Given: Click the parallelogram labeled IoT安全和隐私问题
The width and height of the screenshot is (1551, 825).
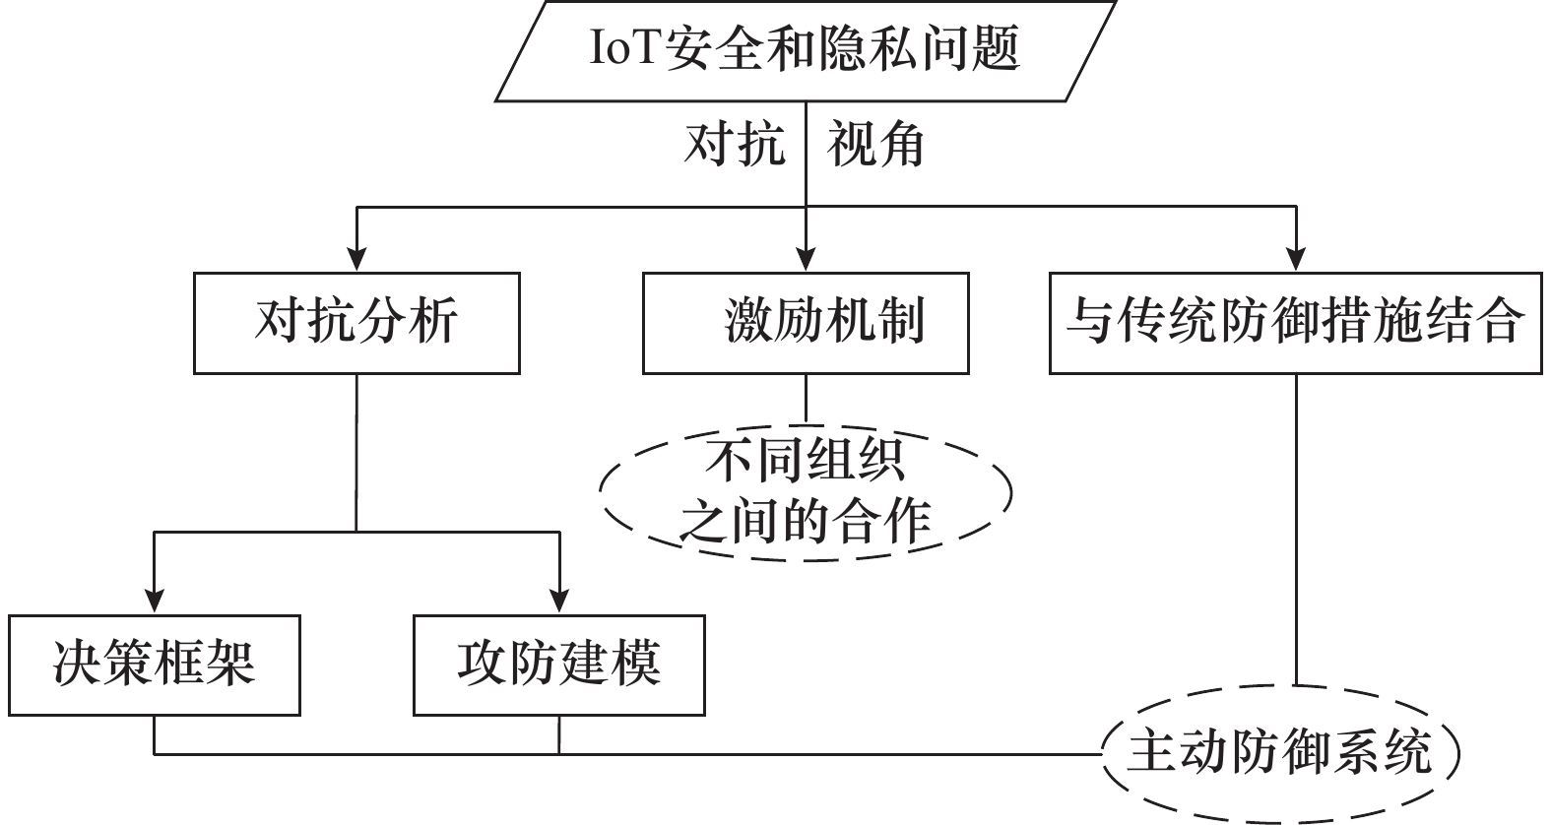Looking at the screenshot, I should tap(805, 50).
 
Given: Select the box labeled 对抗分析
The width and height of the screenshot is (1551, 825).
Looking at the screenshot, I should tap(356, 323).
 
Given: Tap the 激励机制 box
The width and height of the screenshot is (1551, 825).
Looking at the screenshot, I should tap(806, 323).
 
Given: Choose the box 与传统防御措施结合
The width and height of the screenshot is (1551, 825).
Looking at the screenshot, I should tap(1295, 323).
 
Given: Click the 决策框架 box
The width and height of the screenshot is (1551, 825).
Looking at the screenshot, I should tap(155, 665).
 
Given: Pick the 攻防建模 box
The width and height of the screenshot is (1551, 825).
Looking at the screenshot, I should tap(558, 665).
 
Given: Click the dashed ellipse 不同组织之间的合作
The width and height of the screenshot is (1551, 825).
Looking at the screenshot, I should tap(806, 492).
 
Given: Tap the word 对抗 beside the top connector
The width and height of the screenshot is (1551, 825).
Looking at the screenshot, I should tap(735, 146).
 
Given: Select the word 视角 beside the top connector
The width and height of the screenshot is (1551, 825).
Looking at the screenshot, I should tap(875, 146).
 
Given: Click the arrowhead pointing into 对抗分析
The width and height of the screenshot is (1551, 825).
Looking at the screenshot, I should tap(356, 258).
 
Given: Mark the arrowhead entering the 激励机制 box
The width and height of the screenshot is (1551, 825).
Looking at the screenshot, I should tap(806, 258).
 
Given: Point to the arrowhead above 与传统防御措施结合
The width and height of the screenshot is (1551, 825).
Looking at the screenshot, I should tap(1295, 258).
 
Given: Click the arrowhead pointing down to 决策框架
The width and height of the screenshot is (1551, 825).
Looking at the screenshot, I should tap(155, 600).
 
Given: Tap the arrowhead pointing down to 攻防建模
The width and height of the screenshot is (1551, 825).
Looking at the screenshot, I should tap(558, 600).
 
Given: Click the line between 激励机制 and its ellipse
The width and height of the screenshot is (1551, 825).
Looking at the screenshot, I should tap(806, 398).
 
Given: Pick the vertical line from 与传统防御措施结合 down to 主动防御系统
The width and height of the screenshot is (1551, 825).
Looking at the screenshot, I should tap(1295, 532).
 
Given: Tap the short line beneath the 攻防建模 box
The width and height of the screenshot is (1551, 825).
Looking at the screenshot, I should tap(558, 734).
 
